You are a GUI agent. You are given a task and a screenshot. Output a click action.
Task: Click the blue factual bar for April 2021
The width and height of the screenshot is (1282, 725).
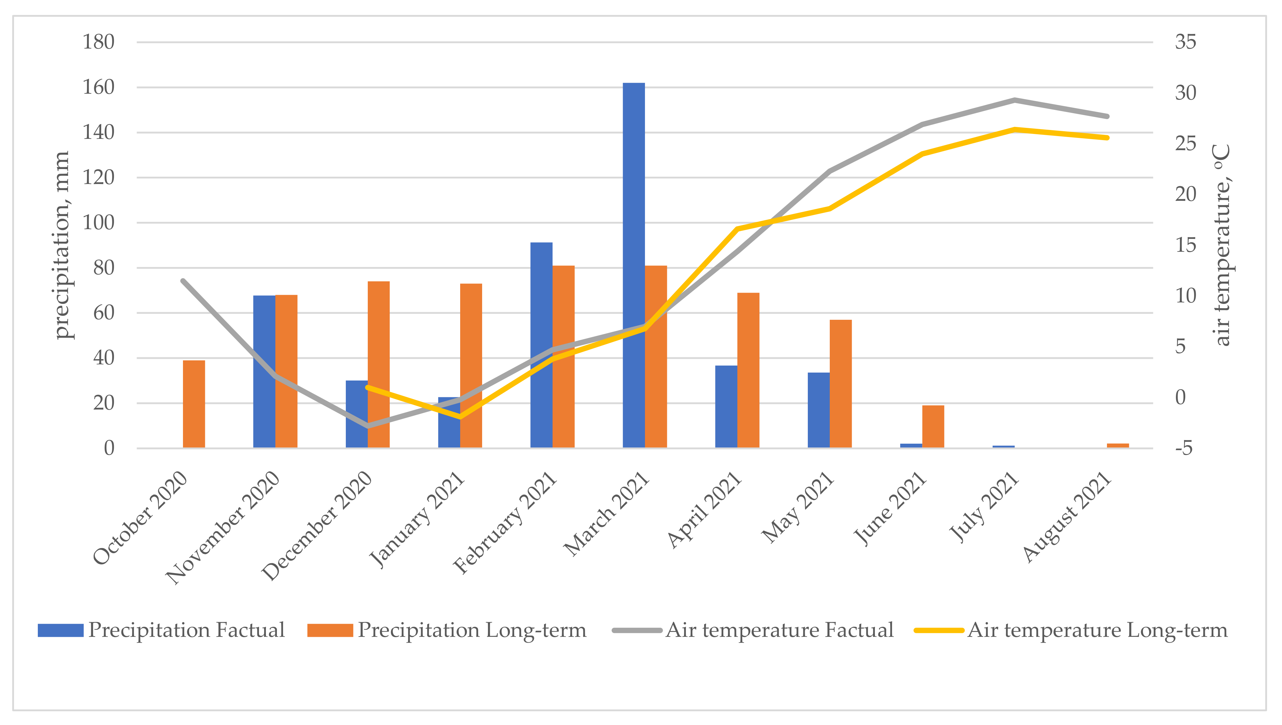point(726,406)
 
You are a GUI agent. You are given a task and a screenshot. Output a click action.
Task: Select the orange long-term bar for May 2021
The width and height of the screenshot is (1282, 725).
point(840,384)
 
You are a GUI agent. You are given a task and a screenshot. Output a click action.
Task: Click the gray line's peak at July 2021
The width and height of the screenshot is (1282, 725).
point(1014,100)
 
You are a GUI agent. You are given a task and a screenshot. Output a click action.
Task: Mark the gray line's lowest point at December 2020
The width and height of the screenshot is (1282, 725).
point(368,426)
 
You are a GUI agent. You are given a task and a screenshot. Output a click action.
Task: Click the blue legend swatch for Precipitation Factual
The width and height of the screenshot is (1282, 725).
point(61,630)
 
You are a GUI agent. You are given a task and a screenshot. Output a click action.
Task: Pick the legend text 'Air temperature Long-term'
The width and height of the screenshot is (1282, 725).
point(1098,630)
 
